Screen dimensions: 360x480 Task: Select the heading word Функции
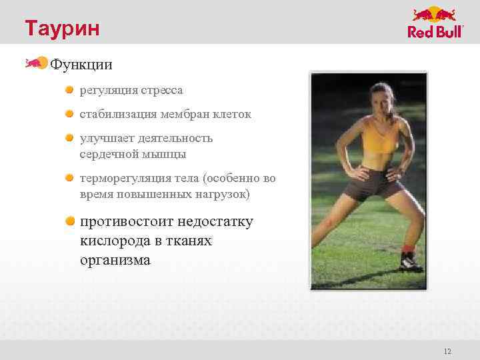click(x=81, y=65)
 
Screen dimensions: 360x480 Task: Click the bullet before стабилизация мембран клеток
click(x=69, y=114)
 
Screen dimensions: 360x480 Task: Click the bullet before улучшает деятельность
click(x=69, y=138)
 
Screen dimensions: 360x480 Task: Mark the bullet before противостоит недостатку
click(x=69, y=221)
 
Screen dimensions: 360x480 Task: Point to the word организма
click(x=115, y=261)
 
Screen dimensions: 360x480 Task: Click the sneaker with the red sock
click(x=410, y=259)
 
